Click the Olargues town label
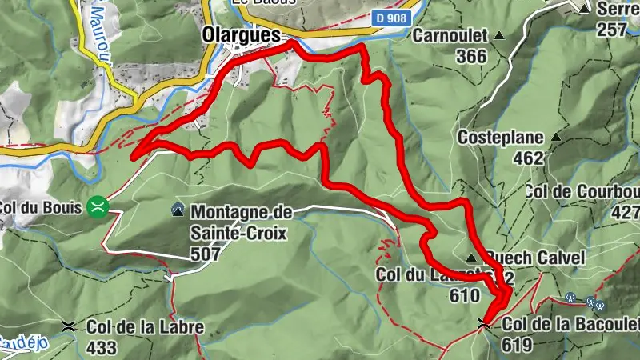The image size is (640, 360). pos(241,36)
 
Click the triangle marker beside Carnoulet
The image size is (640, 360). pos(500,36)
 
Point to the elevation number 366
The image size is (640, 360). pos(472,56)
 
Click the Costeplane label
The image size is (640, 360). pos(501,138)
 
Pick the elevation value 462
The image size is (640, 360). pos(528,158)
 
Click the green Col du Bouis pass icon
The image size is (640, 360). pos(98,207)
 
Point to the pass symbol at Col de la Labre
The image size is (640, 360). pos(69,326)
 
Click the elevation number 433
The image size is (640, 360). pos(104,348)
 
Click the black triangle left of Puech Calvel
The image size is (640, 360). pos(472,258)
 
